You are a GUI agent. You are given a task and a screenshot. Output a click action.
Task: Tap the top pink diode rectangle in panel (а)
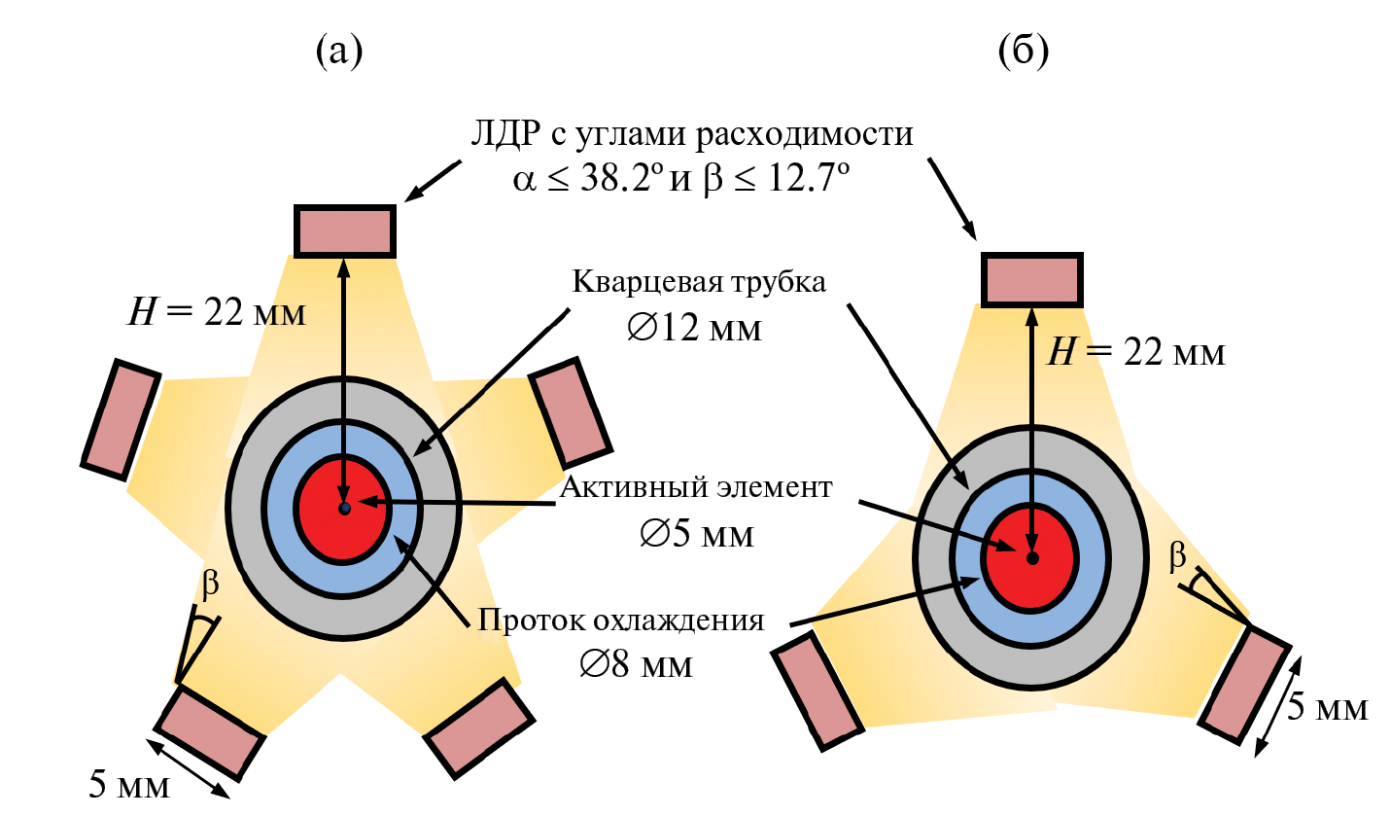point(345,231)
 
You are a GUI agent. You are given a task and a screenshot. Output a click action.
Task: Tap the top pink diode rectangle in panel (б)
point(1030,279)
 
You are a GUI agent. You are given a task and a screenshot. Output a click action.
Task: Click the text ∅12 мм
point(695,328)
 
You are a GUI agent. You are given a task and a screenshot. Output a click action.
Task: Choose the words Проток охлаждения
point(620,621)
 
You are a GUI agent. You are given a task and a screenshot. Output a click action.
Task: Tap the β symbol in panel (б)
point(1177,556)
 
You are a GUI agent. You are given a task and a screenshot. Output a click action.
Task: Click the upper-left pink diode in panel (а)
point(121,419)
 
